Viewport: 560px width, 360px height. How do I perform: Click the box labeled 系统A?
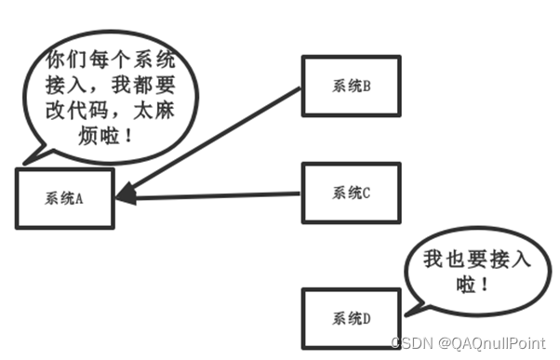pos(64,198)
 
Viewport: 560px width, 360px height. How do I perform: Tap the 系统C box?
pos(351,193)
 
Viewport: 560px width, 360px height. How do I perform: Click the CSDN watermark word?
pos(408,343)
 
